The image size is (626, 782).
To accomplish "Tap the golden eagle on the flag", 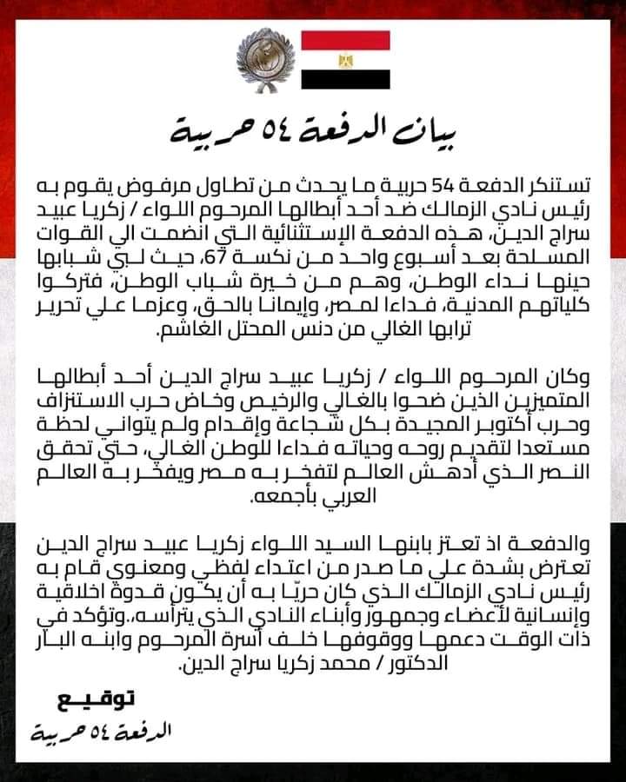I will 345,61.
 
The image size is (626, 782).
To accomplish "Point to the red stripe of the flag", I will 345,40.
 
